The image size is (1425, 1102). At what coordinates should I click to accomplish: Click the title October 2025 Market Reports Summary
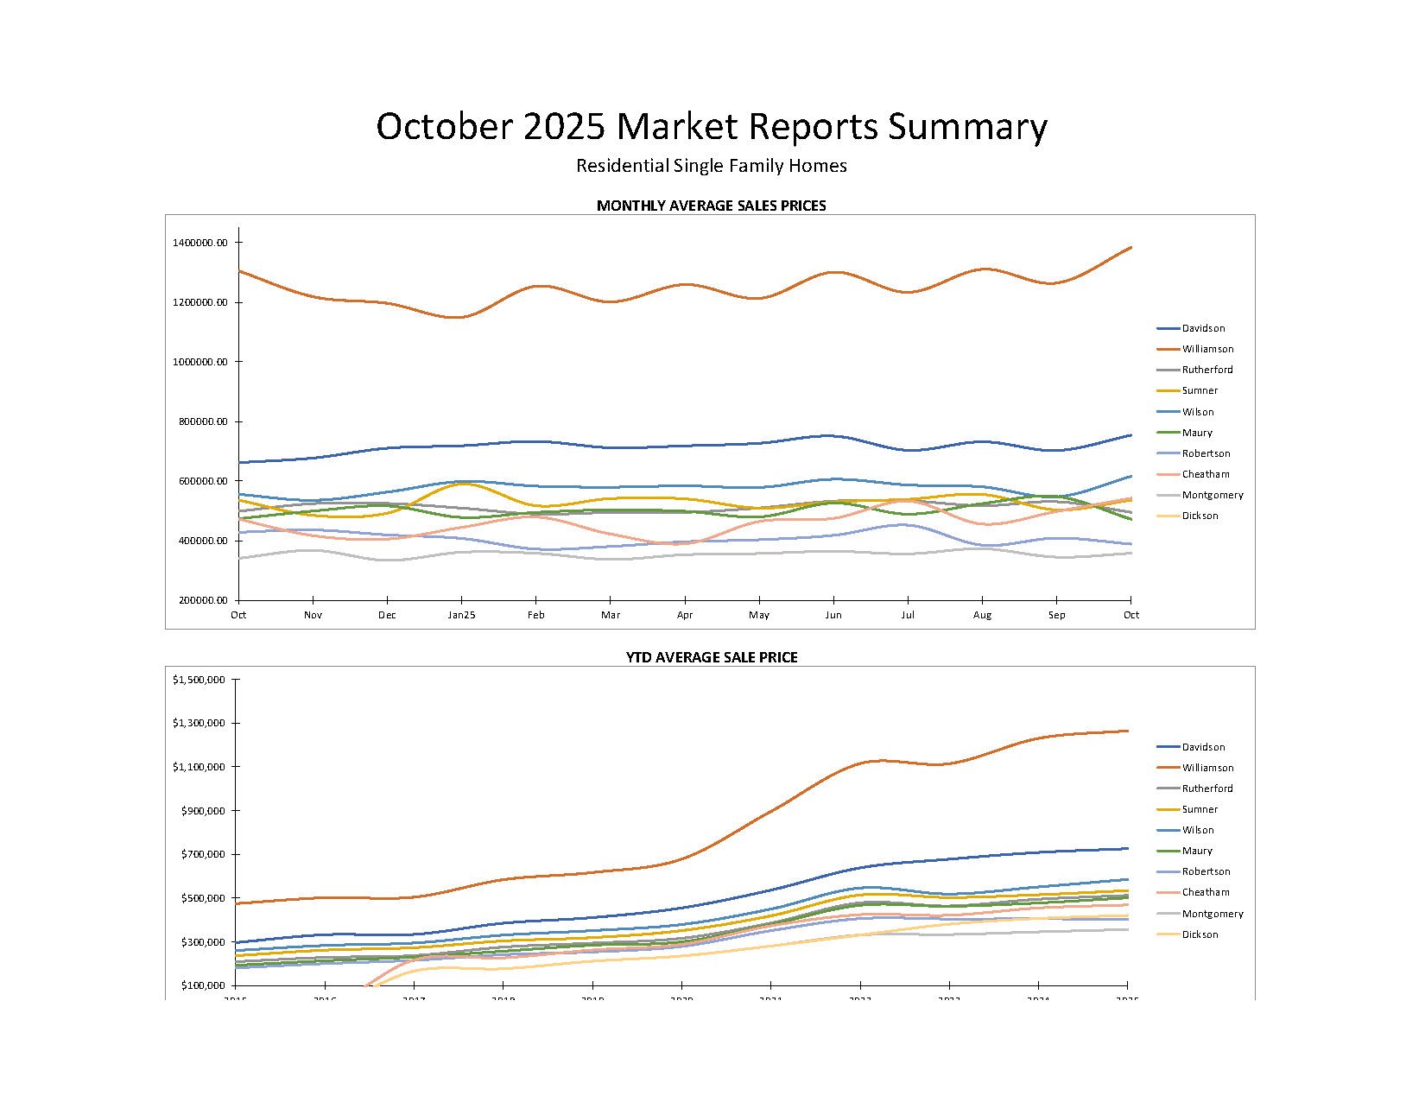pos(712,127)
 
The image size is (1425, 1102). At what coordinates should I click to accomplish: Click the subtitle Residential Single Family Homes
pos(712,166)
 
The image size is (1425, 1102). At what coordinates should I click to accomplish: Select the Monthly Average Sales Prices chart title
pos(711,206)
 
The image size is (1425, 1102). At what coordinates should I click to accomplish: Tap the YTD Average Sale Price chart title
pos(711,657)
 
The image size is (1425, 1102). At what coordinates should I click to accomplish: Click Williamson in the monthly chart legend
pos(1207,349)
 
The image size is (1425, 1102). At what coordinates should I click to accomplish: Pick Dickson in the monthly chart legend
pos(1200,516)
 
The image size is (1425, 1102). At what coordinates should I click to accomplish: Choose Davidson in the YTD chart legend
pos(1203,747)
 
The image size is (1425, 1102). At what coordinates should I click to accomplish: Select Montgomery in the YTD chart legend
pos(1213,914)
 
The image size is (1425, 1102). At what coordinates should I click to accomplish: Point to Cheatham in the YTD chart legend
pos(1206,892)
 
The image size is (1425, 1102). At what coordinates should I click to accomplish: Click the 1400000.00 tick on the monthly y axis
pos(199,243)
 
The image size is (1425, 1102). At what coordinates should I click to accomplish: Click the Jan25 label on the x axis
pos(461,615)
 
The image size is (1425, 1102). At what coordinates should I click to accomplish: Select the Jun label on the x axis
pos(833,615)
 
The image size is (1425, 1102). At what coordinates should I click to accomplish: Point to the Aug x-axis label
pos(982,615)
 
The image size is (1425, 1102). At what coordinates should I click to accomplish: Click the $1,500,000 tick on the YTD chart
pos(199,681)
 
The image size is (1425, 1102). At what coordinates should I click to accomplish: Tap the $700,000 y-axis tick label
pos(203,855)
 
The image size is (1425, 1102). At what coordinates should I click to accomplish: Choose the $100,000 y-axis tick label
pos(203,985)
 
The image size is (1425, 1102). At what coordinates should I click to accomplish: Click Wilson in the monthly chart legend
pos(1198,412)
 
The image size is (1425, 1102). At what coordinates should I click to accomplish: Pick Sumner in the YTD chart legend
pos(1200,809)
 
